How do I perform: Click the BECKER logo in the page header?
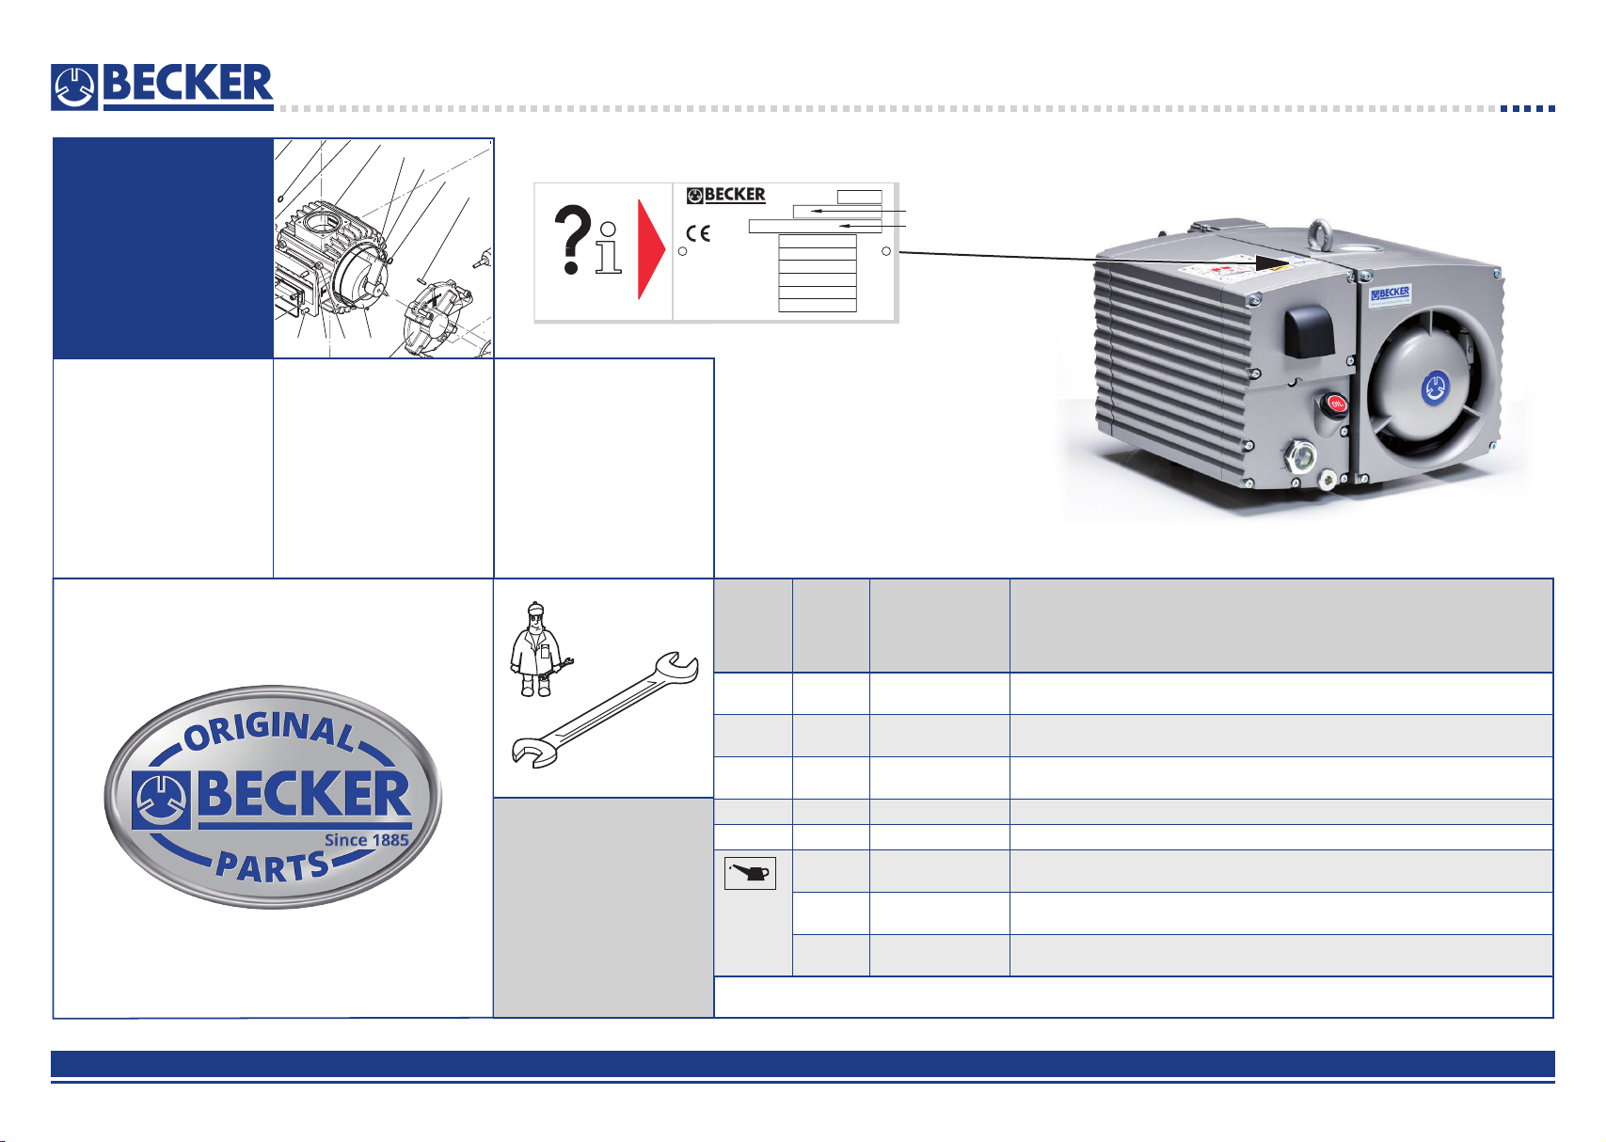point(162,87)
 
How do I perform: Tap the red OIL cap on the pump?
point(1336,405)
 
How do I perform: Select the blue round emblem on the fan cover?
point(1434,387)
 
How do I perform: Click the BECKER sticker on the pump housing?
point(1391,293)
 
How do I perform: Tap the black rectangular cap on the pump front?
point(1309,331)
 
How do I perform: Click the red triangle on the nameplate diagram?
point(651,249)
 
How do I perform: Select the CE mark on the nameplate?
point(698,234)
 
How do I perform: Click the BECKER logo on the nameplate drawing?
point(726,195)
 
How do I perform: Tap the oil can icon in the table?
point(750,874)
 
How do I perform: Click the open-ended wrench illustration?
point(606,708)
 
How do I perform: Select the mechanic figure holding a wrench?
point(536,649)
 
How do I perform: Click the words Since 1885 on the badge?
point(366,840)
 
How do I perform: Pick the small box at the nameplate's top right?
point(859,197)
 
